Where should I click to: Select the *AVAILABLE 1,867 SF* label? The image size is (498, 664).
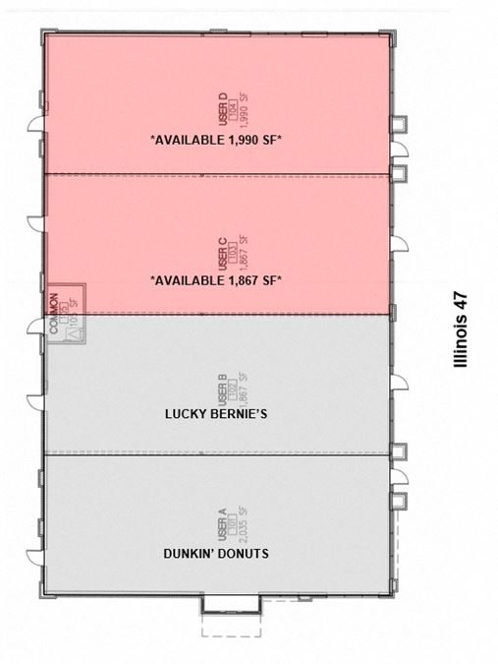[216, 280]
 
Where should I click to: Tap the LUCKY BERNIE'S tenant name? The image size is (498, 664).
[216, 414]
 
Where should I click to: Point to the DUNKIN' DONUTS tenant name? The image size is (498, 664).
[216, 554]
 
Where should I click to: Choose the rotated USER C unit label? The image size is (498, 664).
[223, 250]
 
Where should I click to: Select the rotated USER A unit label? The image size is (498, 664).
[223, 522]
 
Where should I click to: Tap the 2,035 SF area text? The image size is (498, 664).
[243, 521]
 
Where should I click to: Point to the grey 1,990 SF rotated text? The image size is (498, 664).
[243, 105]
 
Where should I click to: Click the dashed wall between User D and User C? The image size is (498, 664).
[216, 175]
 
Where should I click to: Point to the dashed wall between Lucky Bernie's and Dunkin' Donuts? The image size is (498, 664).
[216, 453]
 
